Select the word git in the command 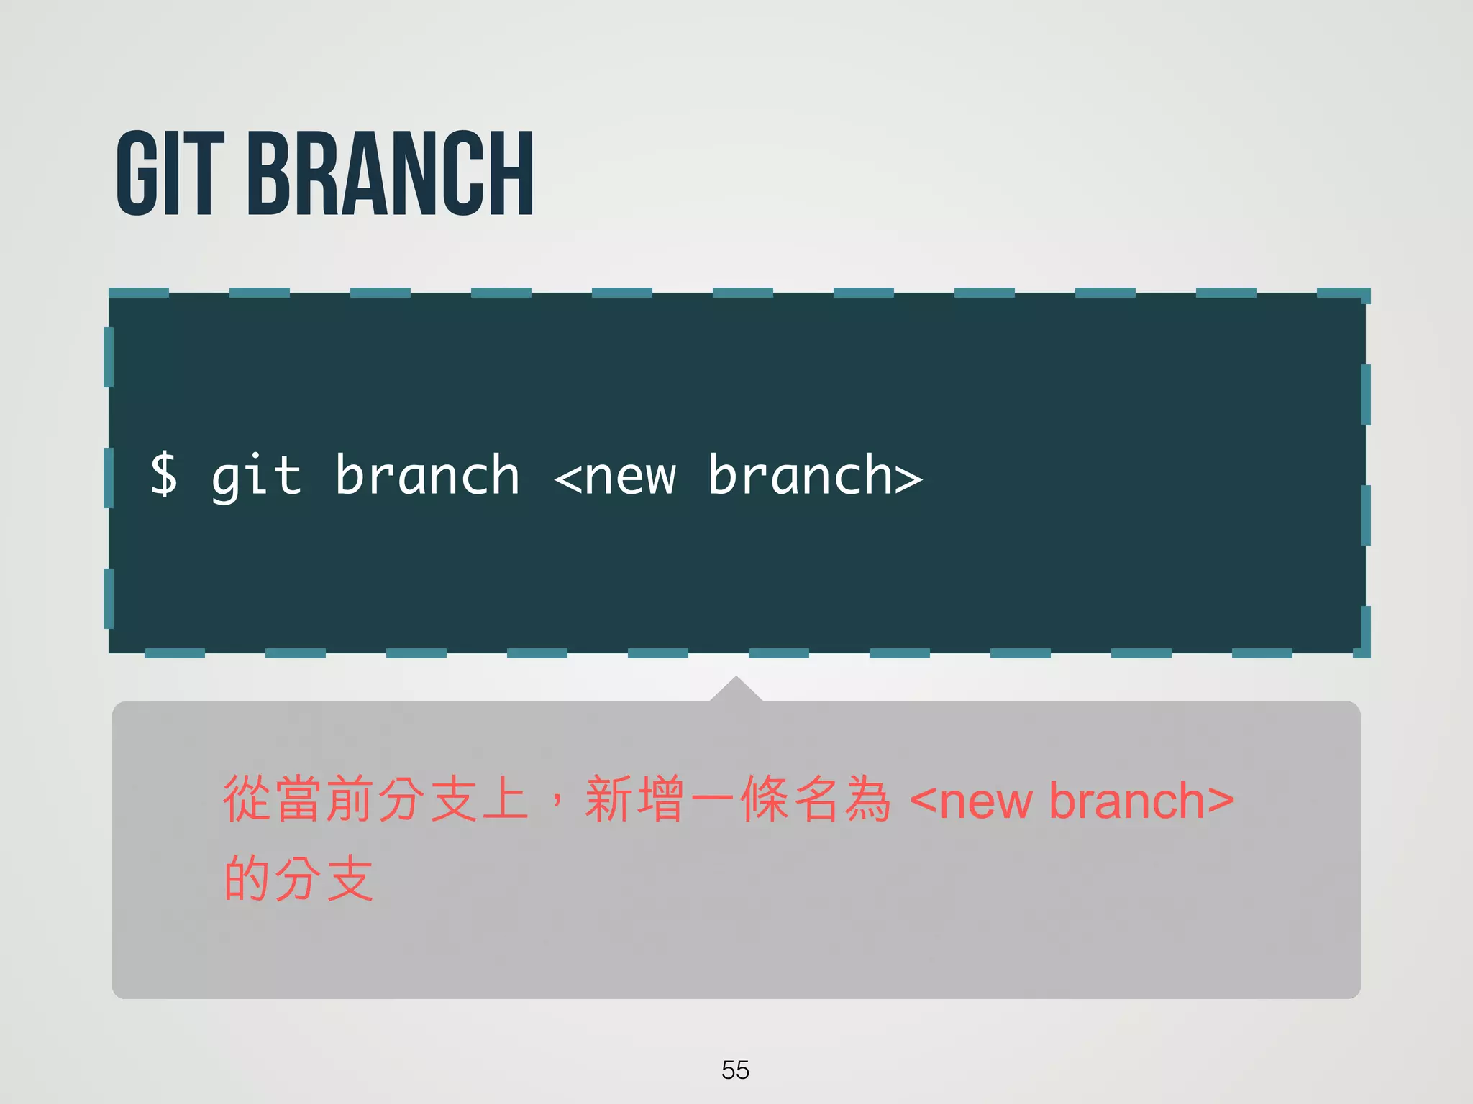click(x=256, y=477)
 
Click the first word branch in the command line click(x=427, y=475)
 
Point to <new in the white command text click(x=616, y=477)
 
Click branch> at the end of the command click(x=815, y=475)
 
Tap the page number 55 click(x=735, y=1069)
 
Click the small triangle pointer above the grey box click(x=736, y=690)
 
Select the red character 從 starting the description click(x=247, y=799)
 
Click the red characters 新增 click(x=634, y=799)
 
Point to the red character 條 click(x=765, y=799)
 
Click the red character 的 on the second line click(x=247, y=878)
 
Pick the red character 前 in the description click(x=350, y=799)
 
